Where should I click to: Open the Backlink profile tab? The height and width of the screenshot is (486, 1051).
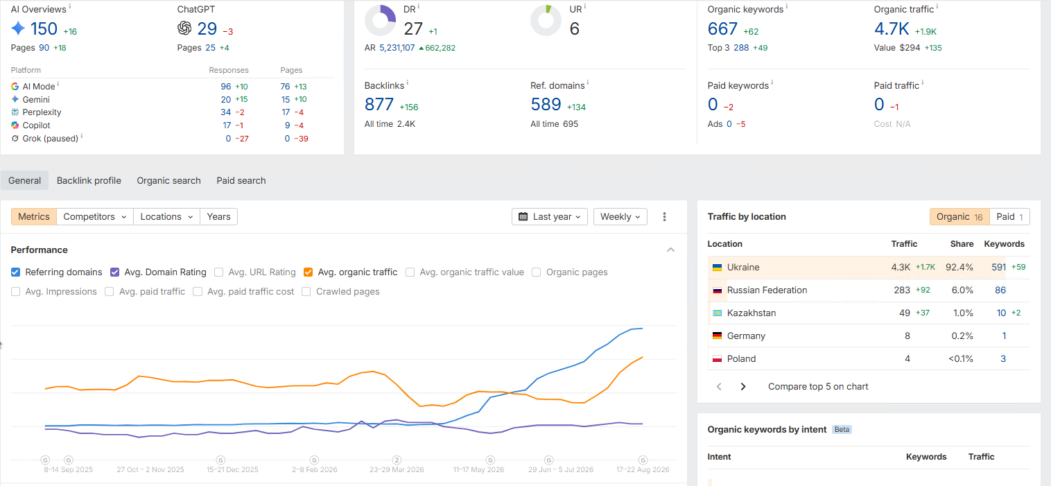click(89, 181)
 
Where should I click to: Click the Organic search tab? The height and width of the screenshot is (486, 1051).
click(168, 181)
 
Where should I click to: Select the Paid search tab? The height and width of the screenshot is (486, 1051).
click(241, 181)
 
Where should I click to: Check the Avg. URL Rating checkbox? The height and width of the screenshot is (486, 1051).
click(218, 272)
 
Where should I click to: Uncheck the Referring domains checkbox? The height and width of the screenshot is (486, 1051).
click(15, 272)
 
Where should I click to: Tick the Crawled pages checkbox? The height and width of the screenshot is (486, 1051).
click(306, 292)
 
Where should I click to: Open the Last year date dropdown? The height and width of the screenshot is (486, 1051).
click(550, 217)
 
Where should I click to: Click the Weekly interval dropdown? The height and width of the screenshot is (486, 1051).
click(620, 217)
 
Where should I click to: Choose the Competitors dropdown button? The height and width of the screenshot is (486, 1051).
click(95, 217)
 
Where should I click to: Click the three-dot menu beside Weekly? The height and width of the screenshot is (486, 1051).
click(664, 217)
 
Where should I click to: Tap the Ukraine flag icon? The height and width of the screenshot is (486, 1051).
click(717, 268)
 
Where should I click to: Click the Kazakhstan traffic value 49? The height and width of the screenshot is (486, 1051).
click(905, 313)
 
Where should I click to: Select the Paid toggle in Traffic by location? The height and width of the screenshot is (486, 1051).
click(1009, 217)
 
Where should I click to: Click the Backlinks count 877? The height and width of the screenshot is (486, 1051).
click(379, 104)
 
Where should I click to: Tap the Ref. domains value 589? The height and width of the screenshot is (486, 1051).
click(546, 104)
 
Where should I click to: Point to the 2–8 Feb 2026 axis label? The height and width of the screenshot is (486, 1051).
click(314, 469)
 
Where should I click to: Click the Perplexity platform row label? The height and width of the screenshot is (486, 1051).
click(42, 112)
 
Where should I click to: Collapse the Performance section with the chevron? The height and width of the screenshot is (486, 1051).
click(670, 250)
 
